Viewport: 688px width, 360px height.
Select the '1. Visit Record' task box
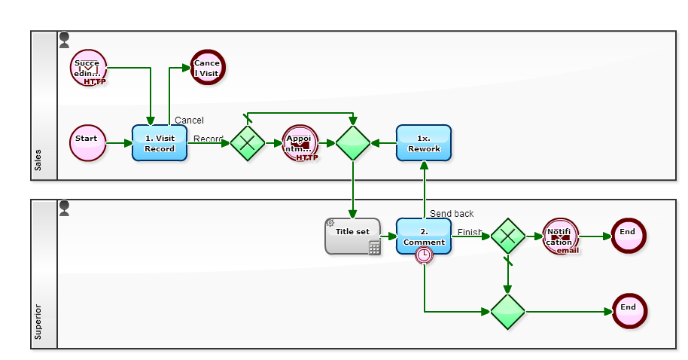(159, 142)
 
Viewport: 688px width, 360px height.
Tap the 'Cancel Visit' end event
(207, 68)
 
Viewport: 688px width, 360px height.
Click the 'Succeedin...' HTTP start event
(88, 68)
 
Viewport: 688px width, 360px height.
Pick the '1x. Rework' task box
(423, 142)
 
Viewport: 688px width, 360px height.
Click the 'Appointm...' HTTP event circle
(300, 142)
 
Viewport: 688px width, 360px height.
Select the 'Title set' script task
(352, 236)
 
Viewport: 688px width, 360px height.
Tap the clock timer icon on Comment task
(425, 255)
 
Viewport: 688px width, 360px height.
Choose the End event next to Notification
(629, 236)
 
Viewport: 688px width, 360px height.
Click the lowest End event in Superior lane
(629, 311)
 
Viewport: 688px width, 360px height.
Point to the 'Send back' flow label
(452, 214)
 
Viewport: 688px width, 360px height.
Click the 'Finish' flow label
(470, 232)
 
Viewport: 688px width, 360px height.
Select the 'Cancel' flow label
(189, 121)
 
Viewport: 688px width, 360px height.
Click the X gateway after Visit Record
(247, 142)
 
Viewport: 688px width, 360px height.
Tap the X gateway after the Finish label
(508, 236)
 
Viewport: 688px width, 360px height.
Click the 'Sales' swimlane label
(38, 160)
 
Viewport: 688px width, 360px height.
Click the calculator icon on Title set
(374, 248)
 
